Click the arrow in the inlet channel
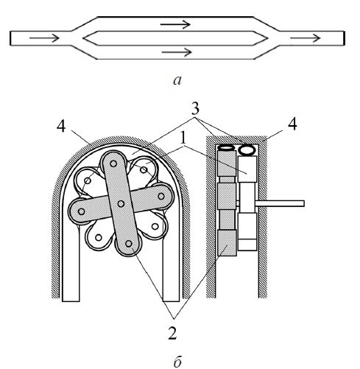pyautogui.click(x=44, y=38)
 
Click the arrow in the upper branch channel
pyautogui.click(x=175, y=24)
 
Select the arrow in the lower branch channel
pyautogui.click(x=177, y=52)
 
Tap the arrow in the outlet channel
pyautogui.click(x=306, y=38)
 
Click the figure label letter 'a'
pyautogui.click(x=177, y=80)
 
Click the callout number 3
pyautogui.click(x=195, y=109)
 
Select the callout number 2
pyautogui.click(x=172, y=333)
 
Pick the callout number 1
pyautogui.click(x=183, y=139)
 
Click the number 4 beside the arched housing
pyautogui.click(x=61, y=127)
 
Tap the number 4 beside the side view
pyautogui.click(x=292, y=124)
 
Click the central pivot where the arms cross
pyautogui.click(x=121, y=203)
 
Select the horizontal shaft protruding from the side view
pyautogui.click(x=280, y=203)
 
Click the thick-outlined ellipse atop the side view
pyautogui.click(x=247, y=150)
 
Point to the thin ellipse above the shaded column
pyautogui.click(x=226, y=147)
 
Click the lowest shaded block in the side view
pyautogui.click(x=227, y=243)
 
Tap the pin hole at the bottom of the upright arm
pyautogui.click(x=129, y=244)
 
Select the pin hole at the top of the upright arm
pyautogui.click(x=113, y=164)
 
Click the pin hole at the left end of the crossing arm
pyautogui.click(x=81, y=211)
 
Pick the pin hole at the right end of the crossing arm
pyautogui.click(x=161, y=196)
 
